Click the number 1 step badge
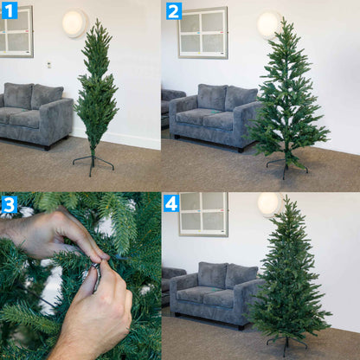[10, 10]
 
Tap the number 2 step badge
[174, 10]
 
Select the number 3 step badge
[10, 204]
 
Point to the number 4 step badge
[172, 203]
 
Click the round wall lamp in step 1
[74, 22]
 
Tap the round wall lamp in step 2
[268, 23]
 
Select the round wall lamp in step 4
[268, 203]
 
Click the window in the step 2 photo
[202, 32]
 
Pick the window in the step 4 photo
[203, 214]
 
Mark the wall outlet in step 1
[48, 64]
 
